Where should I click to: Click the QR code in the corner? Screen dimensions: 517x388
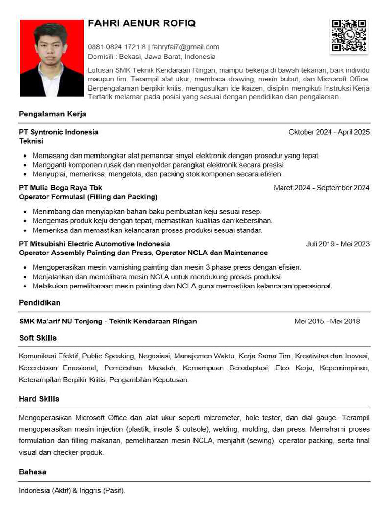[x=349, y=36]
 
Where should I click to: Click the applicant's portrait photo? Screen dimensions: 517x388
[x=52, y=58]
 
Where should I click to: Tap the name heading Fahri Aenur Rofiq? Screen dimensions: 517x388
[x=141, y=23]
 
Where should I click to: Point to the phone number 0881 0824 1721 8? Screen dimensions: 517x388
[x=117, y=47]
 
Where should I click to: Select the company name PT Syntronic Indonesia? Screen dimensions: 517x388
[x=59, y=132]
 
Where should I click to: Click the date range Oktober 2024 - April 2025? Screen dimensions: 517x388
[x=329, y=132]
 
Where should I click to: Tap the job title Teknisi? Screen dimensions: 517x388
[x=31, y=141]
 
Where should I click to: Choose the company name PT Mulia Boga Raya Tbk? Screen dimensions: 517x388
[x=60, y=188]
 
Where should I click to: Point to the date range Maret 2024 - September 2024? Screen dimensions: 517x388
[x=321, y=188]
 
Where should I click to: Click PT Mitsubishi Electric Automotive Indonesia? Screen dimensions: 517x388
[x=94, y=244]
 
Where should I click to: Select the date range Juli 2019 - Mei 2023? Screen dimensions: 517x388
[x=337, y=244]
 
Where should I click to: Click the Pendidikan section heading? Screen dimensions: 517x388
[x=39, y=303]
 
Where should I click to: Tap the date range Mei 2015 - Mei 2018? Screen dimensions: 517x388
[x=327, y=321]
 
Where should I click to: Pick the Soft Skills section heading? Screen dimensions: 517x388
[x=38, y=338]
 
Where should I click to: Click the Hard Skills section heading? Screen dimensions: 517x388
[x=39, y=399]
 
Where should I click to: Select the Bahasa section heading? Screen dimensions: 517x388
[x=33, y=472]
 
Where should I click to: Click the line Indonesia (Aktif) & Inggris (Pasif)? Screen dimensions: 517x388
[x=72, y=490]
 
